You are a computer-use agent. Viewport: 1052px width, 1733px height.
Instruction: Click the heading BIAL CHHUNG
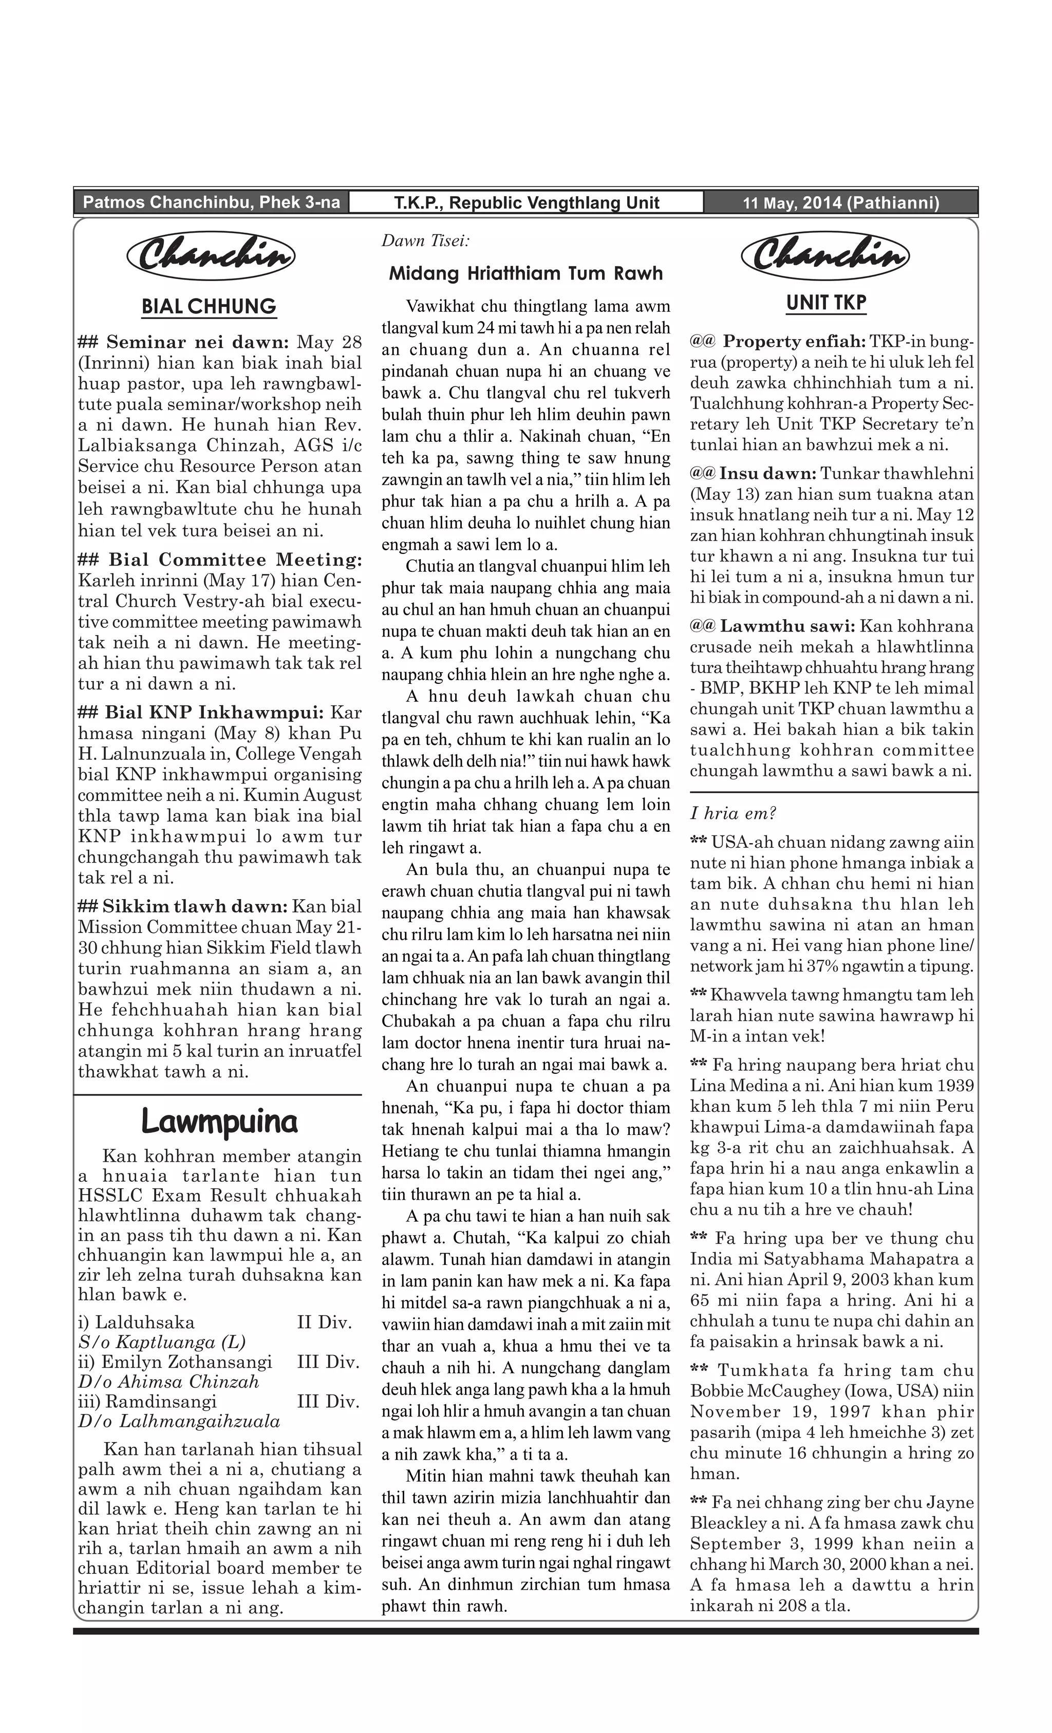coord(209,307)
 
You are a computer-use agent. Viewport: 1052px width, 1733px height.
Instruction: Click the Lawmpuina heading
coord(219,1121)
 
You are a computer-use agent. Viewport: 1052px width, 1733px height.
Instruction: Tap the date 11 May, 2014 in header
coord(840,203)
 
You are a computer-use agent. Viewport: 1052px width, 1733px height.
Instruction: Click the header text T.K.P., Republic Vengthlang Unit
coord(526,203)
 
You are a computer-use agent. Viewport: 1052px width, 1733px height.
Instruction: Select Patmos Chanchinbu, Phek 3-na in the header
coord(211,202)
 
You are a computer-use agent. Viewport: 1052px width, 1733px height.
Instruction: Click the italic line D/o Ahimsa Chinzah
coord(169,1382)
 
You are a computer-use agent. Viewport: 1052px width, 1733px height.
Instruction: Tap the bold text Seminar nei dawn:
coord(197,343)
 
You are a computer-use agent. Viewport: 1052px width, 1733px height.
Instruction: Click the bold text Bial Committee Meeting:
coord(235,560)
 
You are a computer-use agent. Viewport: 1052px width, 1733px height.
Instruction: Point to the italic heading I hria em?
coord(732,814)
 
